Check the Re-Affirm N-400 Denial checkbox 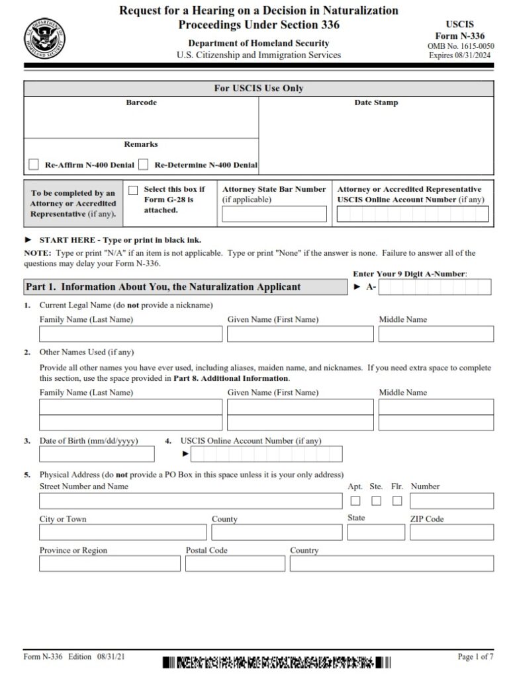34,165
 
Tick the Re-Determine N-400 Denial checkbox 144,165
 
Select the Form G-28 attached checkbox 133,190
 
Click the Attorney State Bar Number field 274,214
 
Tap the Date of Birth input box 97,454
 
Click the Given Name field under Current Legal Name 300,334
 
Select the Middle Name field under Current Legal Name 436,334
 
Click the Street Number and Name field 189,500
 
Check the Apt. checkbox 355,500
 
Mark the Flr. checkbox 397,500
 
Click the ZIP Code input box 451,532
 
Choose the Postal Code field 235,563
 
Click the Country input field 391,563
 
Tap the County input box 277,532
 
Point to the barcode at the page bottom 277,662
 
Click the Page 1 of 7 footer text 475,657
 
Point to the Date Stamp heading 376,103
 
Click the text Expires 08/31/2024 461,55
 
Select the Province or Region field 109,563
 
